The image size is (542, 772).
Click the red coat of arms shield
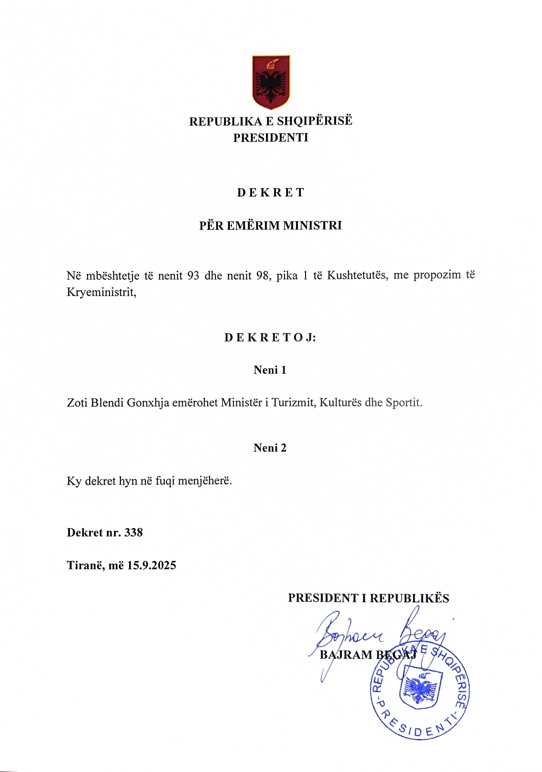(x=271, y=82)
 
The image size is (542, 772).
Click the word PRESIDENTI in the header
(x=271, y=138)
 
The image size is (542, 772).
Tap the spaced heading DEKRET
(x=271, y=193)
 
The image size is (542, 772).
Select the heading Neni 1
(x=270, y=370)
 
